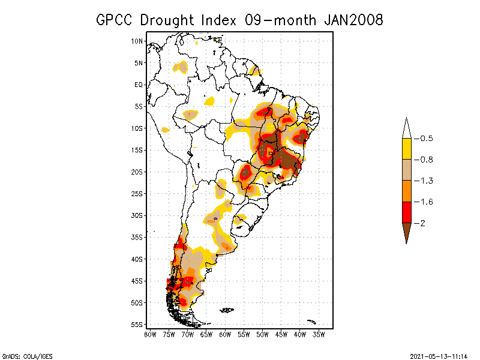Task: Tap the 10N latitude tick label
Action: click(x=137, y=41)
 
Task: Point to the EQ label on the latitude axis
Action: click(x=139, y=85)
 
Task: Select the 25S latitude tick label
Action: click(x=137, y=193)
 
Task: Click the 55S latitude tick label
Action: click(x=137, y=325)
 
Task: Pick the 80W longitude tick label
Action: click(x=150, y=334)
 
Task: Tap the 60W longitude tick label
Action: click(x=226, y=334)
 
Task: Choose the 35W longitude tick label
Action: click(x=319, y=334)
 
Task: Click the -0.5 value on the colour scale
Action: click(x=425, y=139)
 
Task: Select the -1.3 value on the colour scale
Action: click(x=425, y=181)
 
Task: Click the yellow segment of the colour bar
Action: click(x=407, y=149)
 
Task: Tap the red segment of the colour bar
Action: click(x=407, y=212)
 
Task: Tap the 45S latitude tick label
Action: click(x=137, y=281)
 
